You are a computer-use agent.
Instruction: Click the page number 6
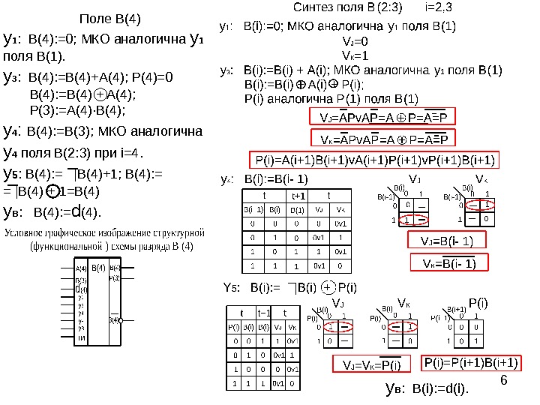[503, 379]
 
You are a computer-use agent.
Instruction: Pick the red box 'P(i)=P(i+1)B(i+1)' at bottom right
[472, 362]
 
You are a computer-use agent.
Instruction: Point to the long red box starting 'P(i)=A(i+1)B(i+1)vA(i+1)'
[372, 160]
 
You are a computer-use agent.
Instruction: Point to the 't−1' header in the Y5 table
[263, 313]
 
